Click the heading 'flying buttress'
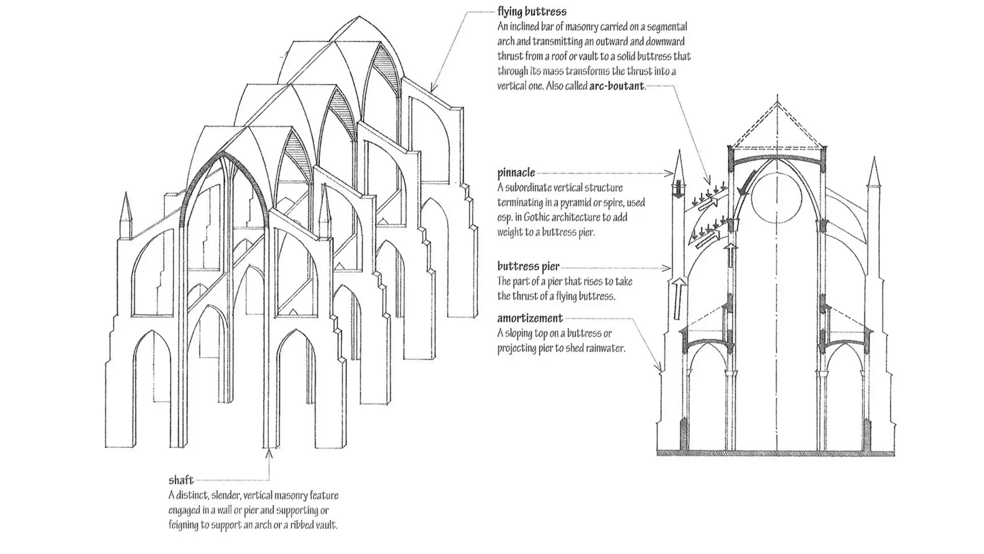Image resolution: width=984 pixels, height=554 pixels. [531, 11]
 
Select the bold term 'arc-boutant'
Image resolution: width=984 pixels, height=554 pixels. [616, 86]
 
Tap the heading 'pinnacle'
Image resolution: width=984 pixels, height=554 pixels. [516, 173]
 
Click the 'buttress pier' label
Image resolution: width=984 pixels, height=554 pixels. [528, 266]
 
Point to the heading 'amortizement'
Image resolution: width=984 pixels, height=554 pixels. [529, 318]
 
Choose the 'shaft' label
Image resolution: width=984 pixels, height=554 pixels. [181, 480]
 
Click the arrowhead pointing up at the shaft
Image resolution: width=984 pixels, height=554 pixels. [269, 453]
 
